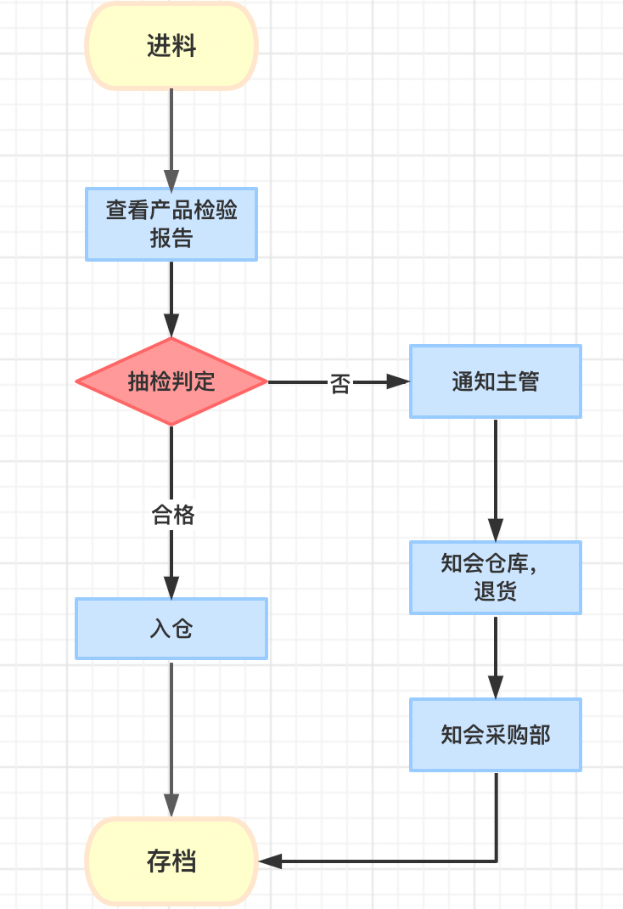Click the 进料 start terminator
(x=171, y=47)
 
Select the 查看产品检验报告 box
(x=171, y=224)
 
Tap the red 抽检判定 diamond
(x=171, y=381)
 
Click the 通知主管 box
(x=496, y=381)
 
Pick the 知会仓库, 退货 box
(x=496, y=578)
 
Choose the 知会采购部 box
(x=496, y=735)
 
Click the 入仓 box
(x=171, y=629)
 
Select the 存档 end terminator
(x=171, y=861)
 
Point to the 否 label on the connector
(x=340, y=384)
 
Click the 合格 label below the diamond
(x=172, y=515)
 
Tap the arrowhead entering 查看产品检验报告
(x=171, y=179)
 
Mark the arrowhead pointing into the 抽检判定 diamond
(x=171, y=327)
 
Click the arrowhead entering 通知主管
(x=399, y=382)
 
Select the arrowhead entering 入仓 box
(x=171, y=588)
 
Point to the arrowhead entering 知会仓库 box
(x=496, y=531)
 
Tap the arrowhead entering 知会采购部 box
(x=496, y=688)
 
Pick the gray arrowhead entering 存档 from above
(x=171, y=806)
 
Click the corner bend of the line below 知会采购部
(x=496, y=861)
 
